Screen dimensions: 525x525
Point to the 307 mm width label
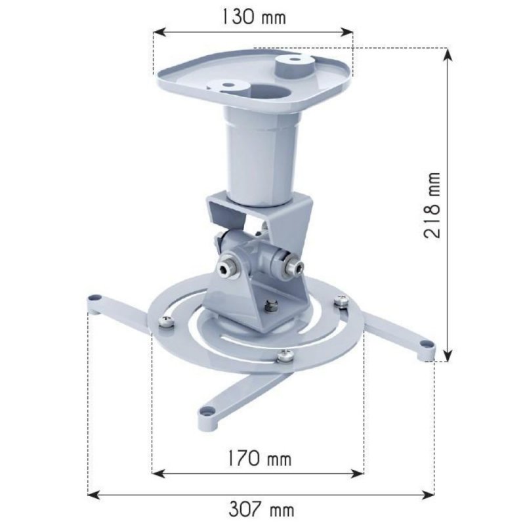coord(261,508)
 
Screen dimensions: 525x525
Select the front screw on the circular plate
coord(284,356)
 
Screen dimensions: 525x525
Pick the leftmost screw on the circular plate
coord(167,321)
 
